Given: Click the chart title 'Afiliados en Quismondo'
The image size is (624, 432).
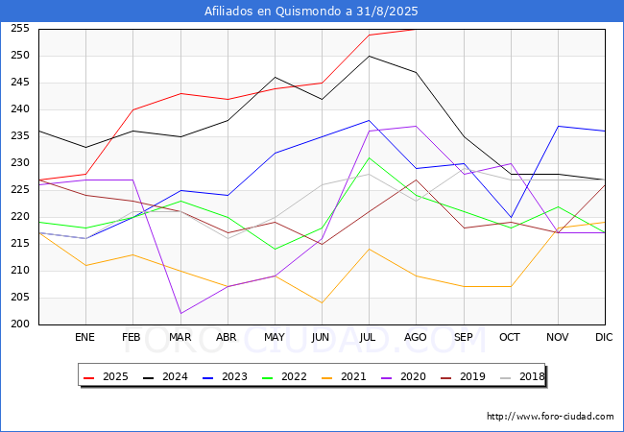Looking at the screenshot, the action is [x=274, y=12].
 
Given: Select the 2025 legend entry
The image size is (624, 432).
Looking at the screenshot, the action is [x=106, y=376].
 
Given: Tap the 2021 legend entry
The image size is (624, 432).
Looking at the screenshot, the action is [x=344, y=376].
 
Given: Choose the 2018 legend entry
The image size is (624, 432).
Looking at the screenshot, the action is [x=522, y=376].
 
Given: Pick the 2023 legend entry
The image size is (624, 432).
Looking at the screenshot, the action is [x=225, y=376].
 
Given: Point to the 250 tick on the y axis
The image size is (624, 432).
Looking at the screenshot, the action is [x=20, y=56].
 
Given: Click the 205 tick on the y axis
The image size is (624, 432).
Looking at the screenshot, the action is [x=20, y=298].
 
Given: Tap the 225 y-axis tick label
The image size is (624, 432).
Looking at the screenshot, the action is [x=20, y=190].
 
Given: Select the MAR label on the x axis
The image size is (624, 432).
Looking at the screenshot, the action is [x=180, y=337].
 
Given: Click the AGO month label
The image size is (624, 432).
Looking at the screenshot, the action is [x=416, y=337].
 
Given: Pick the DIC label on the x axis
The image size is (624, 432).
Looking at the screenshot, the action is [x=604, y=337].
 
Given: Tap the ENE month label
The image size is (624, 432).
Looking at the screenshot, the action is [x=84, y=337].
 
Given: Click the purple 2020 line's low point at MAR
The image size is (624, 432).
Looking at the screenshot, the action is [x=180, y=314].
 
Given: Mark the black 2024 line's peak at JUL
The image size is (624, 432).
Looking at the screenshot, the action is [x=369, y=56].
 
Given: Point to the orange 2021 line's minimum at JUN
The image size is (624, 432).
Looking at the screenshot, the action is [x=322, y=302].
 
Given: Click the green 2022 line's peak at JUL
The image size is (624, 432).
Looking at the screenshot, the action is [x=369, y=158].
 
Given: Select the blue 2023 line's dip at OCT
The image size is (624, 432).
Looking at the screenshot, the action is [x=511, y=218].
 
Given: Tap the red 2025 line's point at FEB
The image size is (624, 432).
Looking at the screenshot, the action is [x=132, y=109].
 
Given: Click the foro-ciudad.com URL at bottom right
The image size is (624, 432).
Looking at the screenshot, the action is [x=550, y=417].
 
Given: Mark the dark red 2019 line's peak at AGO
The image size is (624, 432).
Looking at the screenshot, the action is [x=416, y=180].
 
